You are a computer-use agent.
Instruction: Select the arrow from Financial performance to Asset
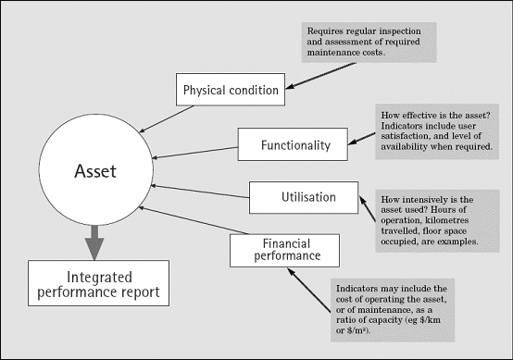[x=190, y=217]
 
